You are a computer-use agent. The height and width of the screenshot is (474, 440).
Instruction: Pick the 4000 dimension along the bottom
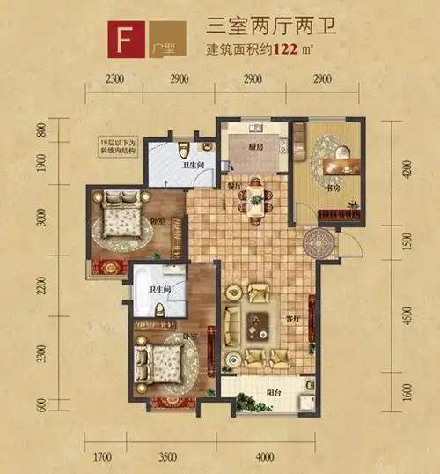(265, 455)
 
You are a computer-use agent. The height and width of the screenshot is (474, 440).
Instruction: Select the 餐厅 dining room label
(235, 186)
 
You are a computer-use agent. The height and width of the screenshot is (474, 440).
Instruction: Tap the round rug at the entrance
(314, 241)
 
